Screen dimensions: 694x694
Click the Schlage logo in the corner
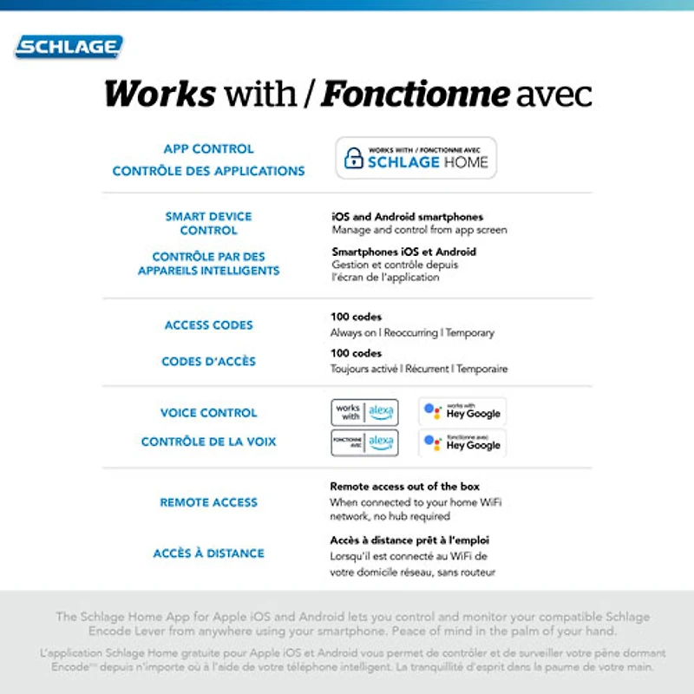pos(69,47)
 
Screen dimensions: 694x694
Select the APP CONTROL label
pos(209,149)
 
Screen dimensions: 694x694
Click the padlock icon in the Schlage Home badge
pos(353,158)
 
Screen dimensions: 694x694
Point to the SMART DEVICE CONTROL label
pos(209,223)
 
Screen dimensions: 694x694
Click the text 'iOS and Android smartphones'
pos(408,217)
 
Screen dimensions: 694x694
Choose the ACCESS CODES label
pos(209,325)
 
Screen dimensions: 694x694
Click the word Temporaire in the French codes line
pos(482,369)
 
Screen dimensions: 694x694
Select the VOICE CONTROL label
pos(209,413)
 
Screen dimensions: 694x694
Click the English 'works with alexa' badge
pos(364,412)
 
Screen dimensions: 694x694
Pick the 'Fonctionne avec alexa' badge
pos(364,442)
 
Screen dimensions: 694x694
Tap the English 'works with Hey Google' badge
pos(462,411)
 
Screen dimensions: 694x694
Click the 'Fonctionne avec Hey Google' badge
pos(462,442)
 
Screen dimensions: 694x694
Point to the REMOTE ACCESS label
pos(209,502)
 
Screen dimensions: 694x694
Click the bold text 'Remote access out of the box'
pos(404,487)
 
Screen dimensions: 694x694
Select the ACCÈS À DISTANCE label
pos(209,553)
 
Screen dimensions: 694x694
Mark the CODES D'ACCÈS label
pos(209,362)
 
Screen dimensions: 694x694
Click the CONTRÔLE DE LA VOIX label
pos(209,442)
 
